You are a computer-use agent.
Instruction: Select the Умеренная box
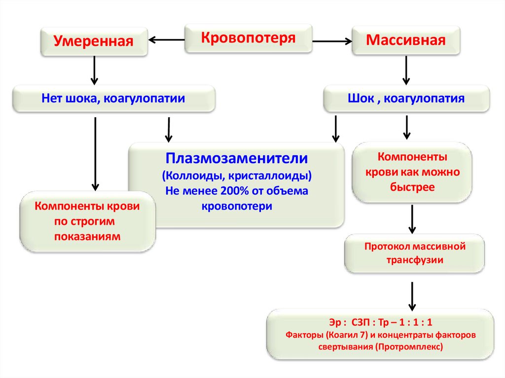pyautogui.click(x=94, y=41)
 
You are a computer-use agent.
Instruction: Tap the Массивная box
pyautogui.click(x=405, y=40)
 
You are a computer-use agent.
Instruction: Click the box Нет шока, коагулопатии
pyautogui.click(x=113, y=99)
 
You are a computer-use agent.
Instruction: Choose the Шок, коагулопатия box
pyautogui.click(x=406, y=99)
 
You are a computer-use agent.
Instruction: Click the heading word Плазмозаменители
pyautogui.click(x=237, y=159)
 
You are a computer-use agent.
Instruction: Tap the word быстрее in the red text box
pyautogui.click(x=412, y=187)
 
